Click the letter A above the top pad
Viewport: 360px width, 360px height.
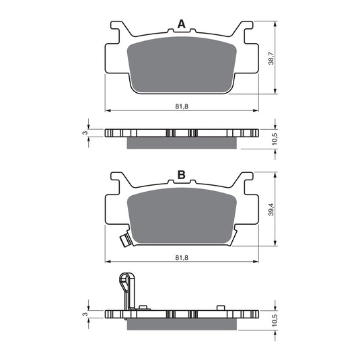click(180, 25)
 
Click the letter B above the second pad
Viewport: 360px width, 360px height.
click(180, 176)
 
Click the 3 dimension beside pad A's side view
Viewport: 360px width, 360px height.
click(84, 132)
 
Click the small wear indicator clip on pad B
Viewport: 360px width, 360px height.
click(123, 239)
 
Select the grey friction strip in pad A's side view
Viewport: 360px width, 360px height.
click(182, 143)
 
